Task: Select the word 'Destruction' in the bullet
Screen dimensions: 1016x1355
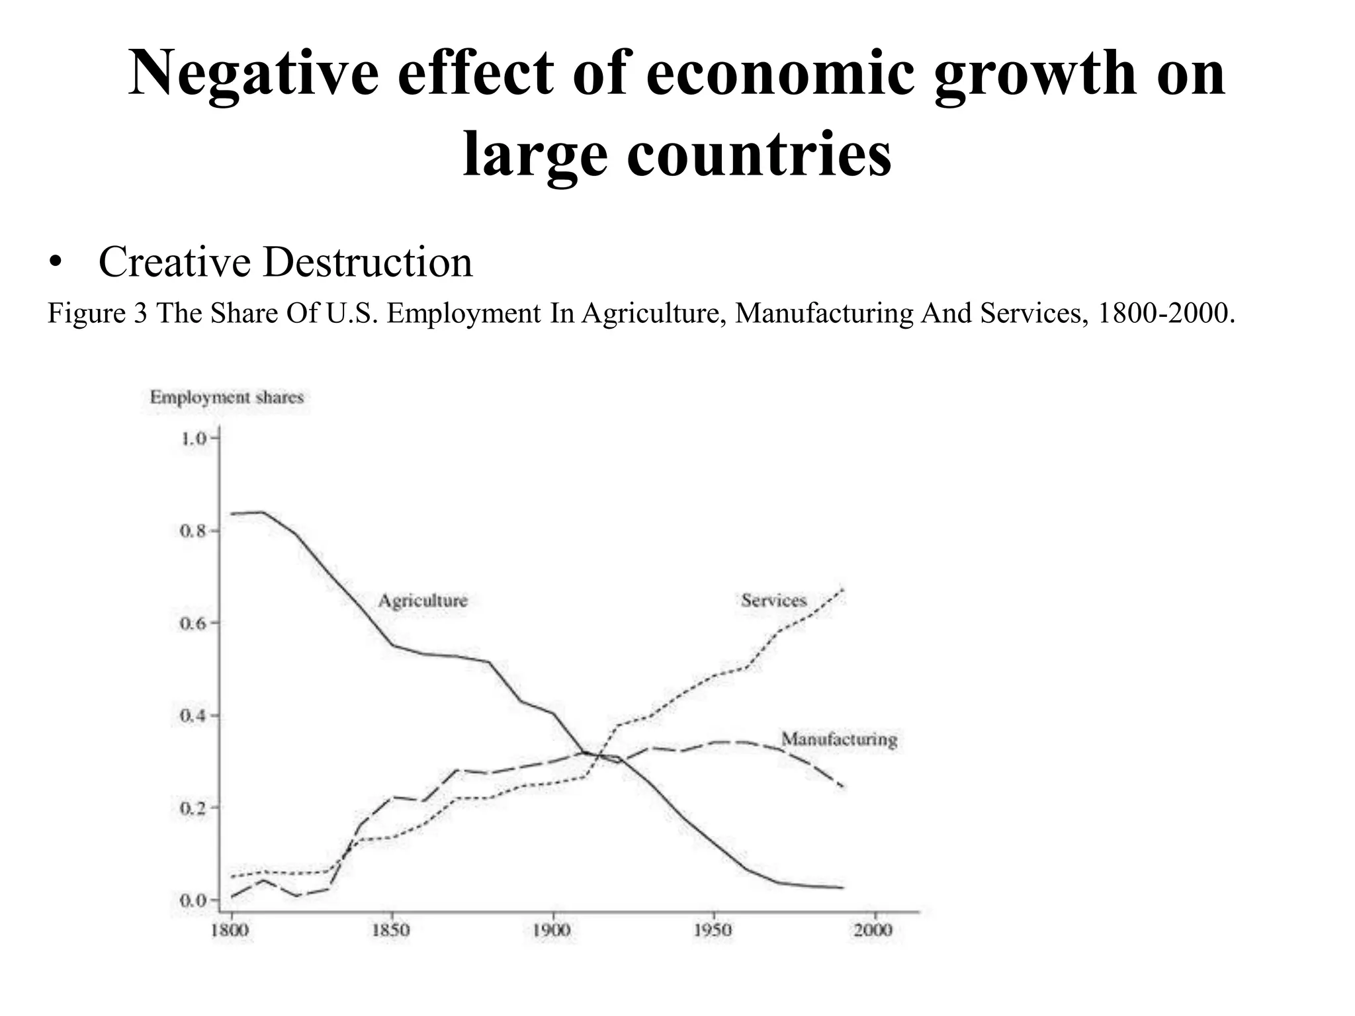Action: click(367, 262)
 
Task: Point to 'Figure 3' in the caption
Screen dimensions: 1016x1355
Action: click(97, 313)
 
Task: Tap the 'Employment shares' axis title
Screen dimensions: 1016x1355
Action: click(226, 398)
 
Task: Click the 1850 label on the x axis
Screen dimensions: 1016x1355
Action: click(391, 931)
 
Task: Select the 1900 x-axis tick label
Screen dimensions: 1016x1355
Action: click(552, 931)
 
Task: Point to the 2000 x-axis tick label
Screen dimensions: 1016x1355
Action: click(873, 931)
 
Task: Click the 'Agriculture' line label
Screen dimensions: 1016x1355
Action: click(423, 601)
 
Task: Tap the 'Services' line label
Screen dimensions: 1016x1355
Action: click(773, 601)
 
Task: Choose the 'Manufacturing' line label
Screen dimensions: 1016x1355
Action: click(839, 739)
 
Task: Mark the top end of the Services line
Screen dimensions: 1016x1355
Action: click(842, 589)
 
